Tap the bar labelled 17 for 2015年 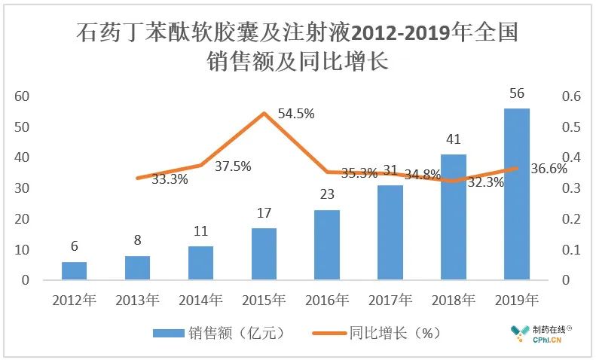(x=264, y=254)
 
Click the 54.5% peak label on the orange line (x=296, y=114)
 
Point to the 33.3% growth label (x=170, y=179)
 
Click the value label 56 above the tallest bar (x=517, y=94)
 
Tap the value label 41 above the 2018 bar (x=454, y=140)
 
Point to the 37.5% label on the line (x=233, y=166)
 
